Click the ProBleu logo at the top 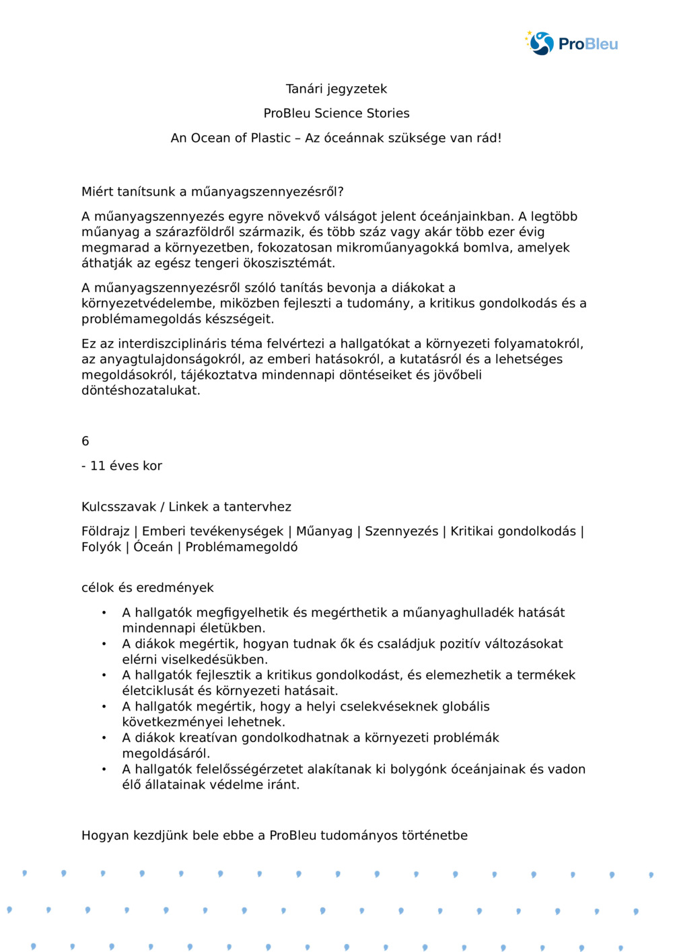coord(572,44)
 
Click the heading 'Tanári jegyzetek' coord(336,89)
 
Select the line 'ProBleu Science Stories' coord(336,113)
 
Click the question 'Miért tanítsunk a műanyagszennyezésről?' coord(213,192)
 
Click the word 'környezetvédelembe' coord(146,303)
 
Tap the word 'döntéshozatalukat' coord(141,390)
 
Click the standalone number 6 coord(85,441)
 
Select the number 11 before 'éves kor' coord(98,466)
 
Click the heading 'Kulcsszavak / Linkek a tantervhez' coord(186,507)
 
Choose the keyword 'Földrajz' coord(105,532)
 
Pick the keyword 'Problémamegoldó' coord(242,547)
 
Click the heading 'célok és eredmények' coord(147,587)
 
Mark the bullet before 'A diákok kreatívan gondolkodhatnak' coord(104,738)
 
